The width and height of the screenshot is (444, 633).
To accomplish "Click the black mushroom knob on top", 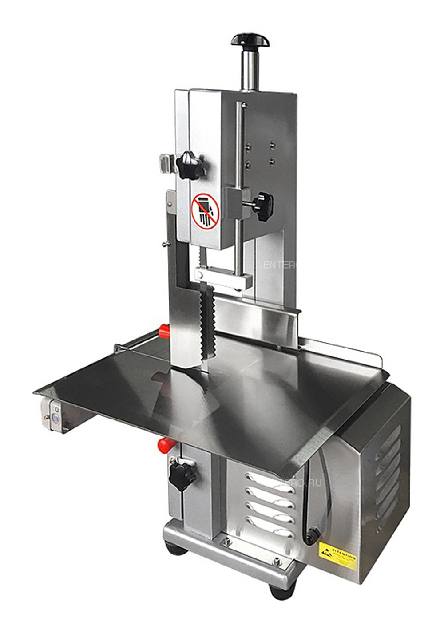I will pos(250,40).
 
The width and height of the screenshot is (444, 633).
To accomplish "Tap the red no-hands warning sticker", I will pos(205,210).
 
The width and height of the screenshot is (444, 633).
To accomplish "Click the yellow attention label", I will pos(338,556).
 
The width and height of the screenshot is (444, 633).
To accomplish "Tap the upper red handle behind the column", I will pos(164,330).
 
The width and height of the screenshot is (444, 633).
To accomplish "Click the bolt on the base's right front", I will pos(277,562).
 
